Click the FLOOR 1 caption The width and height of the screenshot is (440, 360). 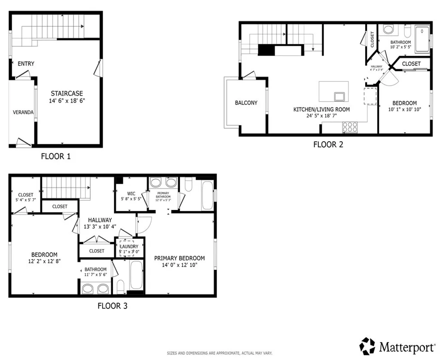point(55,156)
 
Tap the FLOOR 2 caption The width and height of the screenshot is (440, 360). point(328,144)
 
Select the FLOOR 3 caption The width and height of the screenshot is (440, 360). point(112,306)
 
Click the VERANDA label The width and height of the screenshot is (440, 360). point(23,112)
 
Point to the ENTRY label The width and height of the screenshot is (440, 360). point(26,64)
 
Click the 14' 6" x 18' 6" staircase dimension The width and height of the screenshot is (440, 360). point(67,101)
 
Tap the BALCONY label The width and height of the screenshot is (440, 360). point(246,103)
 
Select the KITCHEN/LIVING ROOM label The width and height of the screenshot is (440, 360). point(321,110)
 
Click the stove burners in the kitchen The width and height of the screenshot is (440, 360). point(350,127)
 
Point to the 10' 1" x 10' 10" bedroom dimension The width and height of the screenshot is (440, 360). point(404,110)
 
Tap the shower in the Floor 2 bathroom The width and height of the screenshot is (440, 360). point(422,39)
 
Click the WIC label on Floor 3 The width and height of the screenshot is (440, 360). point(131,194)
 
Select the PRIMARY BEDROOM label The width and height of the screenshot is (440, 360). point(179,258)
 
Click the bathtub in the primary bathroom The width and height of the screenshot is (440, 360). point(207,195)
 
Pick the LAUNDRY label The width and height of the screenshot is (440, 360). point(129,247)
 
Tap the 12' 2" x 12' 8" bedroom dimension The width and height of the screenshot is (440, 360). point(44,261)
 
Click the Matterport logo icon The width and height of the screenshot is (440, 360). point(367,346)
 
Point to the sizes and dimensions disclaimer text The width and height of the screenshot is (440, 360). point(220,353)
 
